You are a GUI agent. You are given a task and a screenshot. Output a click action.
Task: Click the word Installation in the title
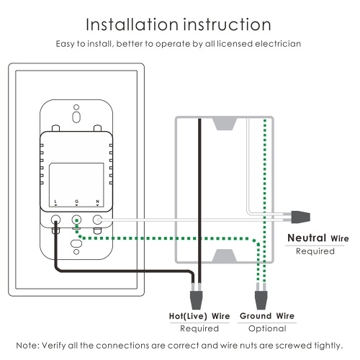coord(132,24)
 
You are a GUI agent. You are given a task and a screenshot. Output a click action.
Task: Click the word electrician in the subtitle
coord(278,44)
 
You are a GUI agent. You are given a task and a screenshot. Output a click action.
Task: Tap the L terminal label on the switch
coord(55,202)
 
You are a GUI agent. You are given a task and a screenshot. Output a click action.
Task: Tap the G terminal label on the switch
coord(76,202)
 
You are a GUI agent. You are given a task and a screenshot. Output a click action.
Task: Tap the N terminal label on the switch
coord(97,202)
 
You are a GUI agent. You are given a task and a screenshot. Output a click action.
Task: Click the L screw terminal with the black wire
coord(55,220)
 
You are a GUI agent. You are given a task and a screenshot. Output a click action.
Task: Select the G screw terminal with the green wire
coord(76,220)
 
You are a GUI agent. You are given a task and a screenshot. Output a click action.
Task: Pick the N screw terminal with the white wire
coord(97,220)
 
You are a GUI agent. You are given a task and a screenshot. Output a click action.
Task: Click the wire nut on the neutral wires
coord(301,217)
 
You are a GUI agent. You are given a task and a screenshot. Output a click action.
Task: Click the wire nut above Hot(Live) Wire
coord(197,300)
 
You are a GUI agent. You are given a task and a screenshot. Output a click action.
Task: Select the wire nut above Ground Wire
coord(261,300)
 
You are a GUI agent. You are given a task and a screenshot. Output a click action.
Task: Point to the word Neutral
coord(307,238)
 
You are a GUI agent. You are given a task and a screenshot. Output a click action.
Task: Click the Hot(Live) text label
coord(188,316)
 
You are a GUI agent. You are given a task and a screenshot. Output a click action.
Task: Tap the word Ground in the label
coord(256,316)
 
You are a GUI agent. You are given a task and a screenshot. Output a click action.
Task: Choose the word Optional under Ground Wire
coord(267,328)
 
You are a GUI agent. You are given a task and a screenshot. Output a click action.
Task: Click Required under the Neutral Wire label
coord(315,251)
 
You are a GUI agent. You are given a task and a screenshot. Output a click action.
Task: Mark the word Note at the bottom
coord(27,346)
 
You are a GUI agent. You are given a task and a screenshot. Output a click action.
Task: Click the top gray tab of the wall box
coord(225,124)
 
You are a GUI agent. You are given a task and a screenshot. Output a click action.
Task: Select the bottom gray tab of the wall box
coord(225,256)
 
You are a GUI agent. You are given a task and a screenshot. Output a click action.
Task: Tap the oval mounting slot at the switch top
coord(76,117)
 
